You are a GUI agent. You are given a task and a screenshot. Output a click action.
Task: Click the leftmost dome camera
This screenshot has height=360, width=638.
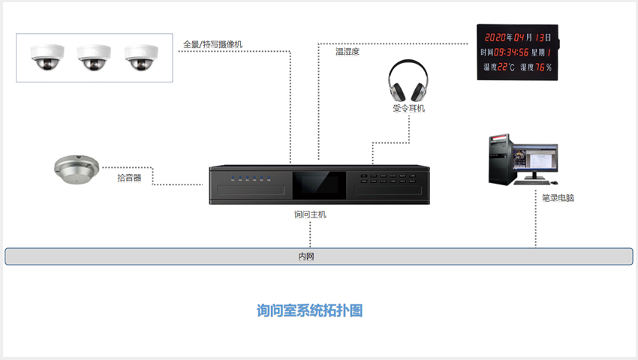coord(47,57)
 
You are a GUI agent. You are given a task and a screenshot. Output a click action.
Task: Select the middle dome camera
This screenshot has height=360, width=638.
coord(94,57)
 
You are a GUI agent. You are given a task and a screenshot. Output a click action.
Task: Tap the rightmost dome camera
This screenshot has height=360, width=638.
coord(141,57)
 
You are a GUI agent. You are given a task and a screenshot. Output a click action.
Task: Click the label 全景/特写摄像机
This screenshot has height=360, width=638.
coord(212,44)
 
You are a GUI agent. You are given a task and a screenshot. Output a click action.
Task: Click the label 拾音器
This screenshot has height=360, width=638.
coord(129,178)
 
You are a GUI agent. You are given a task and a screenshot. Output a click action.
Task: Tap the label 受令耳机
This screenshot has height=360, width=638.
coord(408,108)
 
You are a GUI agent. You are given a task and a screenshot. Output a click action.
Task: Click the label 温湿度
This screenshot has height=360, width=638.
coord(348,52)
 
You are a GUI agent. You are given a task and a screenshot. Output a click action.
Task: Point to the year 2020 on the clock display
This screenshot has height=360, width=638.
coord(495,37)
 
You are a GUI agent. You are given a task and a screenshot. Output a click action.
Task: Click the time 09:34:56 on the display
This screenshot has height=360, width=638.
coord(511,52)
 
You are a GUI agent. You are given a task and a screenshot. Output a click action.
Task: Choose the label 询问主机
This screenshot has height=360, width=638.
coord(310,214)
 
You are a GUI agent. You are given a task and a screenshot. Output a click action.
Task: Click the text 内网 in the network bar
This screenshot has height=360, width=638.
coord(306,256)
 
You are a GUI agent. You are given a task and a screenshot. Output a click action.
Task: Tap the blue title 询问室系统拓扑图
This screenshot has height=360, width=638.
coord(309,310)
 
